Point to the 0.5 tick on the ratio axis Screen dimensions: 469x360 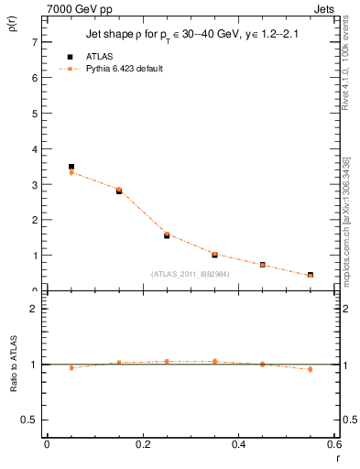pyautogui.click(x=29, y=420)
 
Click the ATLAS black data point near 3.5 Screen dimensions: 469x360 pyautogui.click(x=71, y=167)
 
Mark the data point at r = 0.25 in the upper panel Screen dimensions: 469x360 pyautogui.click(x=167, y=235)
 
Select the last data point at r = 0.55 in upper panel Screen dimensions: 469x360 pyautogui.click(x=311, y=275)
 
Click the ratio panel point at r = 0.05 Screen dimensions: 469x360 pyautogui.click(x=71, y=367)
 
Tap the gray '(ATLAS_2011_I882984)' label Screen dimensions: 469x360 pyautogui.click(x=191, y=274)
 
